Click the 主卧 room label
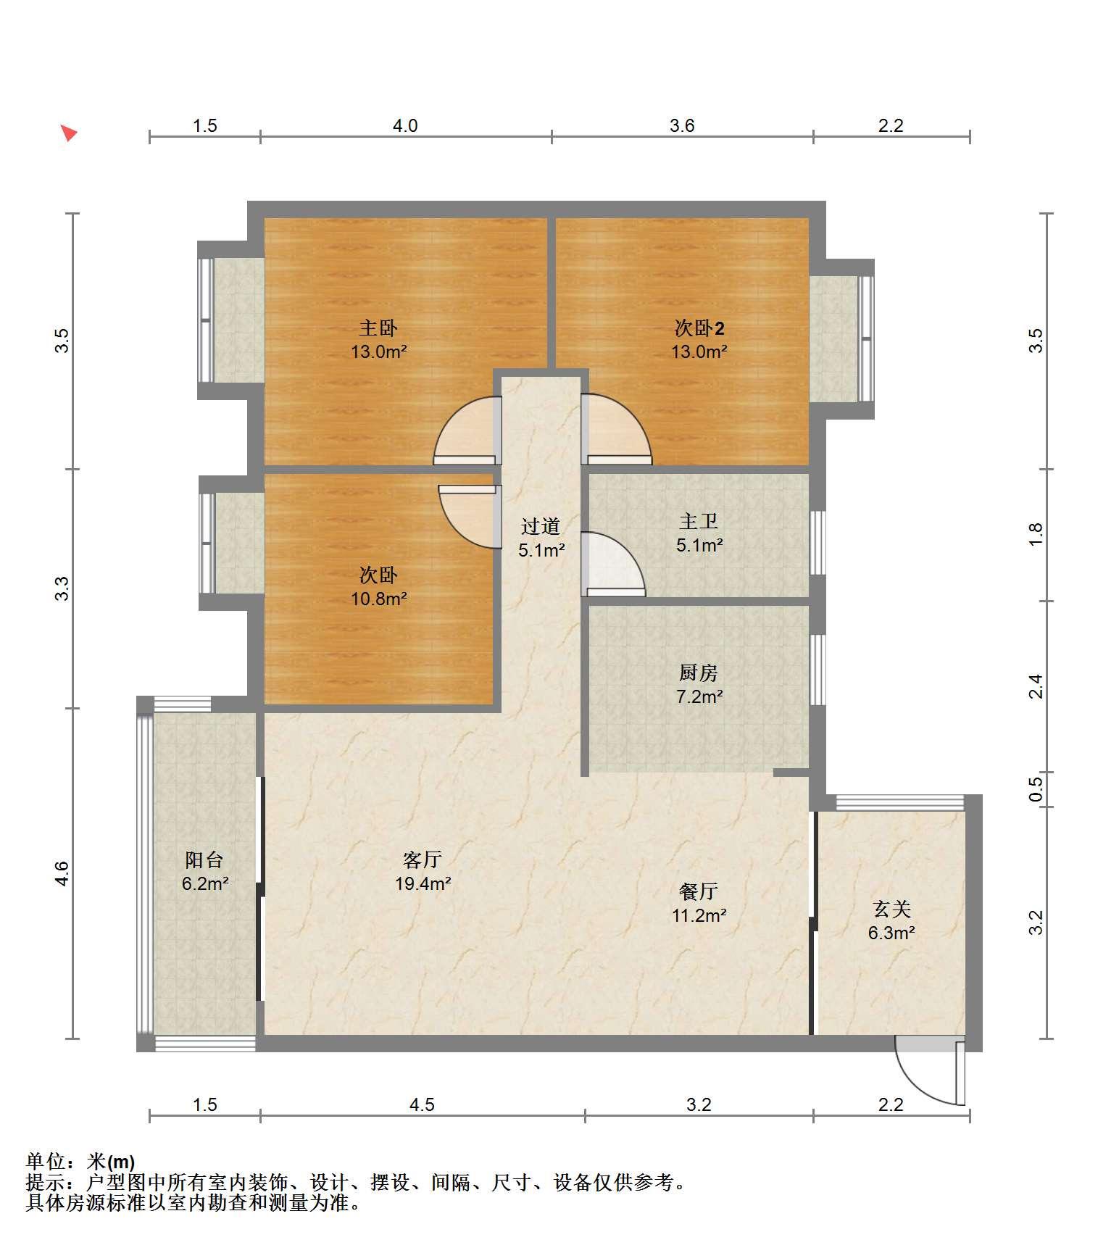[x=378, y=328]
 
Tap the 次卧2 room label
[x=699, y=328]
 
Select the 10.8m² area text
[x=378, y=599]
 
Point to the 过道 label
[x=541, y=526]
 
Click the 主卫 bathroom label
[x=699, y=521]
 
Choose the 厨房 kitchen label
[x=699, y=673]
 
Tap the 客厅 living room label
[x=423, y=860]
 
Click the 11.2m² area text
[x=699, y=915]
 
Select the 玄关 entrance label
[x=891, y=909]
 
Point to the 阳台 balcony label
[x=204, y=860]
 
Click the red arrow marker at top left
[x=68, y=133]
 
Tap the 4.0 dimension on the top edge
[x=405, y=126]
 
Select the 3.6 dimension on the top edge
[x=682, y=126]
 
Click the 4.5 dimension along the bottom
[x=422, y=1105]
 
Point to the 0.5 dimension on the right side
[x=1036, y=789]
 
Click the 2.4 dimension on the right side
[x=1036, y=686]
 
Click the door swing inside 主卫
[x=613, y=565]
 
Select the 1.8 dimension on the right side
[x=1036, y=535]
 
